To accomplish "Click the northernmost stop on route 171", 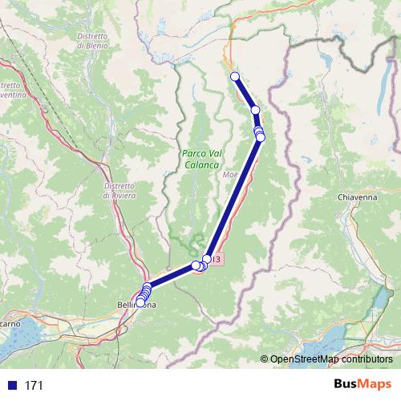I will (x=235, y=76).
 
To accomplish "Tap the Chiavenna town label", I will (x=356, y=196).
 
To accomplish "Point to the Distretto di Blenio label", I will (x=93, y=41).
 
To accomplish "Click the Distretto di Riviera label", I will (x=119, y=191).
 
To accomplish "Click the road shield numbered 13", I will (x=217, y=259).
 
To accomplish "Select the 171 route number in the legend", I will (x=34, y=386).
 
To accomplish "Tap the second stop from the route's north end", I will (x=255, y=110).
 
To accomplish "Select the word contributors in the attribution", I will (x=367, y=359).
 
